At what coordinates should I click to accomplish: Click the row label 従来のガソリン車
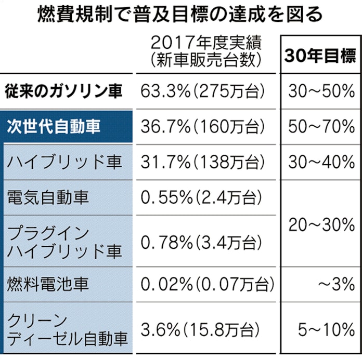[x=65, y=92]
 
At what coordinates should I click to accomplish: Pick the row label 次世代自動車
[x=55, y=127]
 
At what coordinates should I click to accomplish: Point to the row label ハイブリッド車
[x=65, y=162]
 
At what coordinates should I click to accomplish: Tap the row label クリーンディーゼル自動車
[x=68, y=328]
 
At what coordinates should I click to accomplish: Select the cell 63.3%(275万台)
[x=204, y=92]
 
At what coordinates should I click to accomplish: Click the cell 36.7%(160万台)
[x=204, y=127]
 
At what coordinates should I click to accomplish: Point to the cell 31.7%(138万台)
[x=204, y=162]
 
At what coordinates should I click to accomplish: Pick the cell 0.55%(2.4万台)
[x=201, y=197]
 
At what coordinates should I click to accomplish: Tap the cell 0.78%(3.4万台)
[x=201, y=241]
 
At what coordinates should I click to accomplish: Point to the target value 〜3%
[x=337, y=284]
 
